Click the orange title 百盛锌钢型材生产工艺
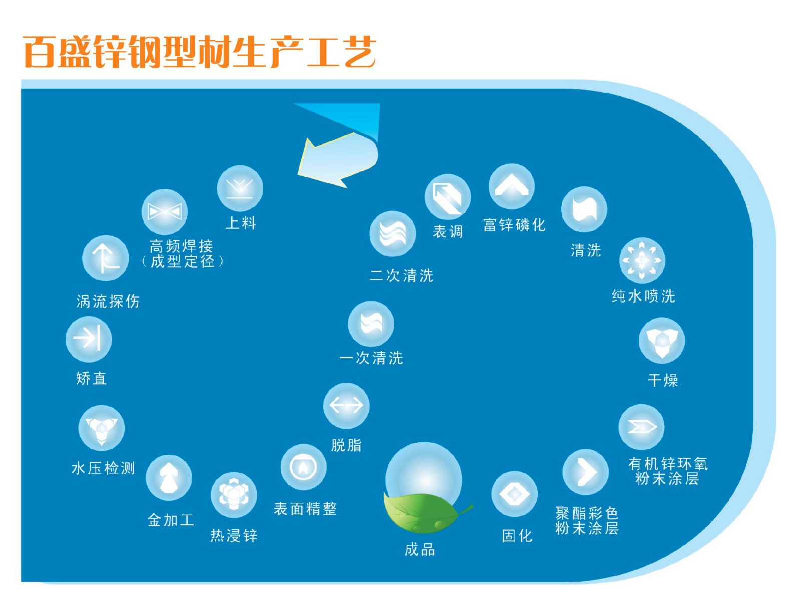199,51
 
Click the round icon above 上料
240,188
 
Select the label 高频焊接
181,246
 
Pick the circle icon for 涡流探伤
105,258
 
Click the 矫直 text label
91,378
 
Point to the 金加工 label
171,520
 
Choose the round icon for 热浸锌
234,495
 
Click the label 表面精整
305,509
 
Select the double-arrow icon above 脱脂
346,405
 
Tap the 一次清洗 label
371,358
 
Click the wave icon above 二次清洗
392,234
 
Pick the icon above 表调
447,197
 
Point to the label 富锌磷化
514,225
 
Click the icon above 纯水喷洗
642,260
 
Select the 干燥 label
663,380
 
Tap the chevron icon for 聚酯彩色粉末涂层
585,472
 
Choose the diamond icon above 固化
514,494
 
